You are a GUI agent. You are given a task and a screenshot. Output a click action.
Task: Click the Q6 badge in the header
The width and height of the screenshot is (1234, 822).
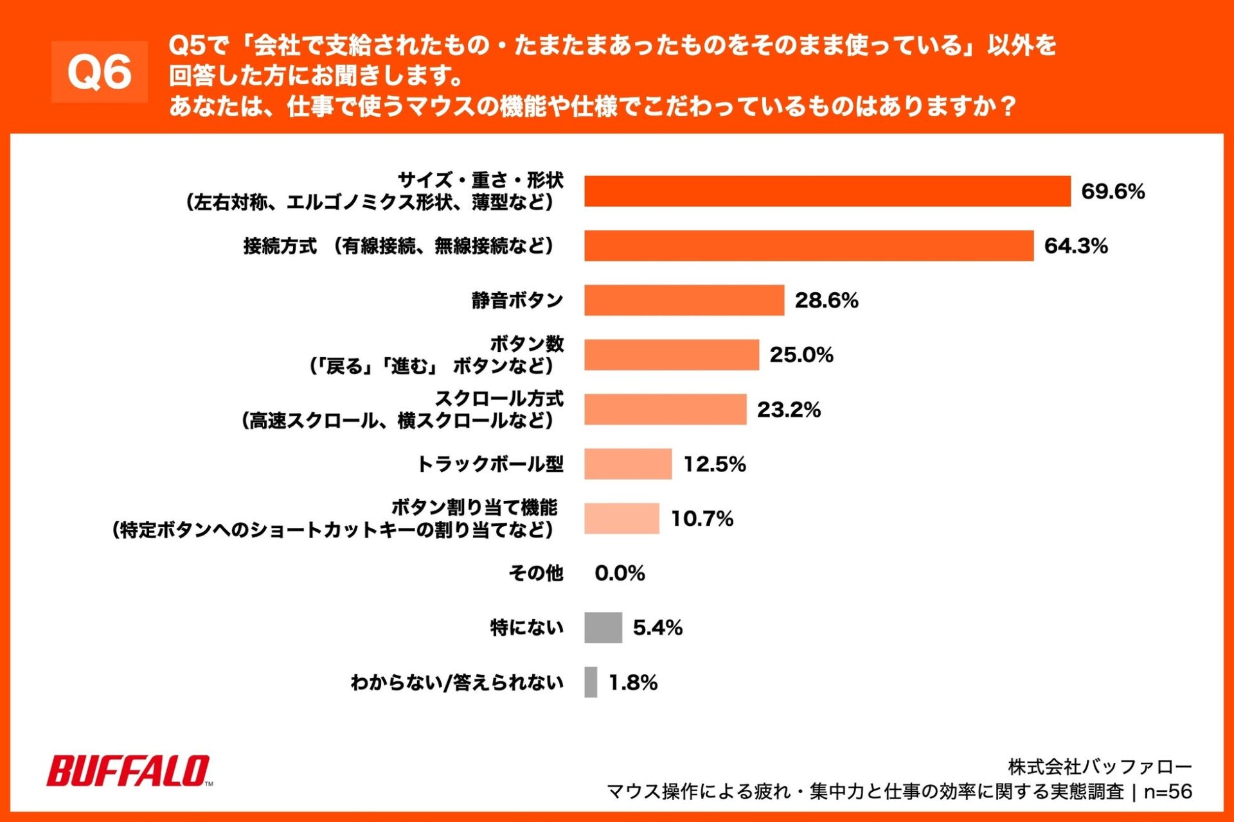tap(100, 72)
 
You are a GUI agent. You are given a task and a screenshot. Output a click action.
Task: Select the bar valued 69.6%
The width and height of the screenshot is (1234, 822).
tap(827, 191)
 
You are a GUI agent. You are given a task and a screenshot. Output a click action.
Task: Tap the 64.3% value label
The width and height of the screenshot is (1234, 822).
tap(1075, 246)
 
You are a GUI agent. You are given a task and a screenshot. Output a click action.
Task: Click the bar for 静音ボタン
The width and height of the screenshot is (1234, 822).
tap(684, 301)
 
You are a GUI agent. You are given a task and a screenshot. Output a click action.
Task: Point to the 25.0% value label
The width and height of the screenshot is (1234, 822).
tap(801, 355)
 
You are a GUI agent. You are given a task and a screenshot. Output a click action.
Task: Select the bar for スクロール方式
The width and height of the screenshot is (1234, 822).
tap(665, 410)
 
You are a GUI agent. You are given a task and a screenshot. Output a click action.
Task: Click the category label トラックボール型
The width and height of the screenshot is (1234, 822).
tap(490, 464)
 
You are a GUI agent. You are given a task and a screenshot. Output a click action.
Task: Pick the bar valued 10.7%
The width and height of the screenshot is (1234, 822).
tap(621, 519)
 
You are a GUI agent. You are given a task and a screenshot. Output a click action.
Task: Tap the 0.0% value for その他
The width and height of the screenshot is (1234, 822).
tap(620, 573)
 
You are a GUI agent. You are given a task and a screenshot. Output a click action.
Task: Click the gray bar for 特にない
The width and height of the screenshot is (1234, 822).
tap(603, 627)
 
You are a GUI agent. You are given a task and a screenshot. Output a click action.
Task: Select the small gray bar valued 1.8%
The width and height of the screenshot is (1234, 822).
tap(590, 682)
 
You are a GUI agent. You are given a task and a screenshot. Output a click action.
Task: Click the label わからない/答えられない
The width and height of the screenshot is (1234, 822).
tap(456, 682)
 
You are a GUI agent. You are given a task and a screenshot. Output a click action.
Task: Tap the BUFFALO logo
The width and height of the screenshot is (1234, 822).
tap(129, 771)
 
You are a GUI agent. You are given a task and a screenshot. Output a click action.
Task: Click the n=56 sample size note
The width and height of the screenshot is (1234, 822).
tap(1168, 792)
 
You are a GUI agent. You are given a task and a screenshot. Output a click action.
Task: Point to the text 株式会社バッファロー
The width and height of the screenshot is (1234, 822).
tap(1099, 767)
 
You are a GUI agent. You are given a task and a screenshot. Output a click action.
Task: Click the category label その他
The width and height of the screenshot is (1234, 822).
tap(535, 573)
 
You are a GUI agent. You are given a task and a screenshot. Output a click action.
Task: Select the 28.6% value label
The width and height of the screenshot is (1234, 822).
tap(826, 301)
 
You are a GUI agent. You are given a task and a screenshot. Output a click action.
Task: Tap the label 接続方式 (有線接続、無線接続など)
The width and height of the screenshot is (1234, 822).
tap(398, 246)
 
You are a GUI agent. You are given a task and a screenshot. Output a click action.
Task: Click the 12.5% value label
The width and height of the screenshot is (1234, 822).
tap(714, 464)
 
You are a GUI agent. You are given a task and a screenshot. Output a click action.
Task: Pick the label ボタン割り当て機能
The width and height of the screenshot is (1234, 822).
tap(474, 508)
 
